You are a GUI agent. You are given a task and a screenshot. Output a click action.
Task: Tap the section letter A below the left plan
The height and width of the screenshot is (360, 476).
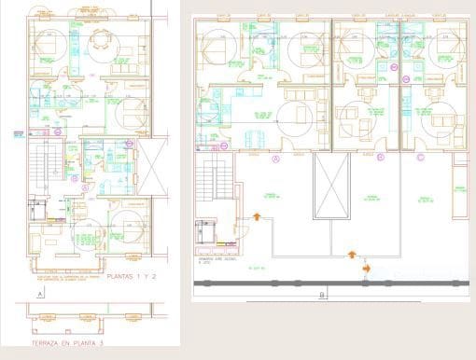(40, 294)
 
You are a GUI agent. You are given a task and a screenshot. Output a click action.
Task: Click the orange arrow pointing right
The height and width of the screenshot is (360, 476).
(366, 269)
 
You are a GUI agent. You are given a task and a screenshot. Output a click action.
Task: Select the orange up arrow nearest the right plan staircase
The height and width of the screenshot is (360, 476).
(257, 217)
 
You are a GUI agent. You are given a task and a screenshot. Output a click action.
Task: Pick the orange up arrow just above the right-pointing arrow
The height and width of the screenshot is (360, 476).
(352, 253)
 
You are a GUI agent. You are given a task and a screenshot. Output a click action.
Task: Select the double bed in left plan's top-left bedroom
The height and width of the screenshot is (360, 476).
(45, 42)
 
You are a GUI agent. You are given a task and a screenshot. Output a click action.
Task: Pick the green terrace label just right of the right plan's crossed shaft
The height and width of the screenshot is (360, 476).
(371, 197)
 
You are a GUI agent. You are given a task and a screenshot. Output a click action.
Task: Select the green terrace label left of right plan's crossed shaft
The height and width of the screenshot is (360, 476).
(272, 197)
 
